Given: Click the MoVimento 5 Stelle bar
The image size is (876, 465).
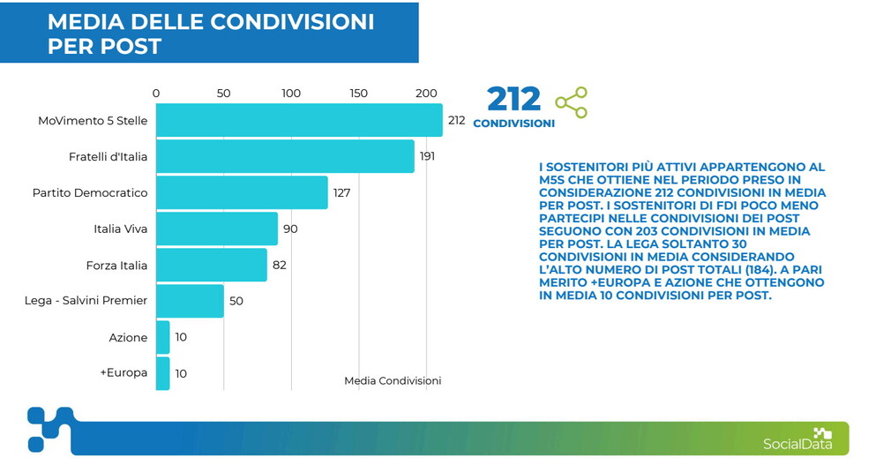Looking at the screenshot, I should [299, 120].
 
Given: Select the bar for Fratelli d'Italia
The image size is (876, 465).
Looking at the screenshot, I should [285, 156].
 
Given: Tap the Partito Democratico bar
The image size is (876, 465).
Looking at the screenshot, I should [242, 192].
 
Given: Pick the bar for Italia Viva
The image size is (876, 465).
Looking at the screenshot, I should [217, 229].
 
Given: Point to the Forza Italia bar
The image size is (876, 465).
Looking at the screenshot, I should [212, 265].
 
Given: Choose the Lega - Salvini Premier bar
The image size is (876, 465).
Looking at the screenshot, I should [190, 301].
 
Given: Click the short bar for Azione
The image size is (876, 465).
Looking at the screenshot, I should [163, 337].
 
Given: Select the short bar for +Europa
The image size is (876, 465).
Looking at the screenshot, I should [163, 373].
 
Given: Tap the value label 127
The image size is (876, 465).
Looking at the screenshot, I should [342, 192].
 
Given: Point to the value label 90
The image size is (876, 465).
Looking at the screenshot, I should [291, 229].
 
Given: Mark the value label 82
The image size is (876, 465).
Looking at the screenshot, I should [280, 265].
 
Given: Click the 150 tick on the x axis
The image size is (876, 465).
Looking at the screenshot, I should [358, 94].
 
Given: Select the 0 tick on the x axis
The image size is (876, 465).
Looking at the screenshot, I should [156, 94].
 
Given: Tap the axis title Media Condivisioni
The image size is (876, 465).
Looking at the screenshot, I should [393, 380].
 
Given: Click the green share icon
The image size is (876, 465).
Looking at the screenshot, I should [572, 102].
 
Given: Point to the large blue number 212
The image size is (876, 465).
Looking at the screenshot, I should [513, 99].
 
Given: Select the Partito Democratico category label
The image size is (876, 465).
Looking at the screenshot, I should [90, 192].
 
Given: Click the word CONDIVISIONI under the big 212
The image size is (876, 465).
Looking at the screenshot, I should [513, 124].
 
